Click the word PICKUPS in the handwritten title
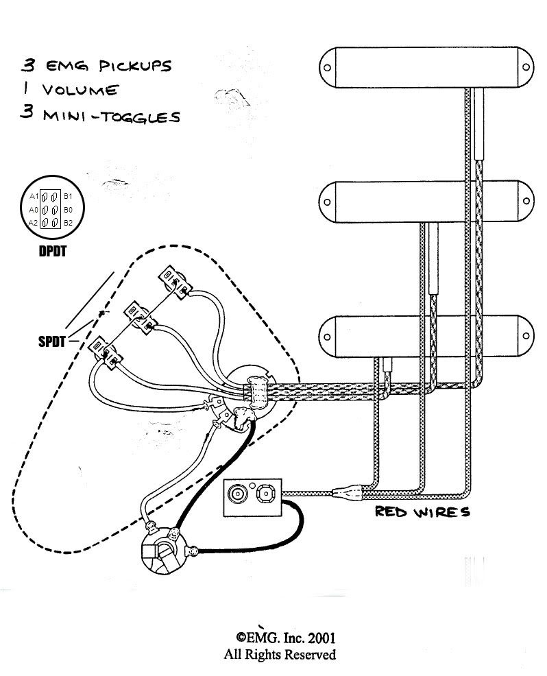coord(135,66)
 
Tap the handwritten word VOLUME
coord(80,90)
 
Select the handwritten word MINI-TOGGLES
coord(111,117)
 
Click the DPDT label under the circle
coord(53,252)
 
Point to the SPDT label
coord(51,342)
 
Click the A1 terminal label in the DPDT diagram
coord(34,196)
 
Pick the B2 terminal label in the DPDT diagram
coord(68,223)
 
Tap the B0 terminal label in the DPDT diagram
coord(68,210)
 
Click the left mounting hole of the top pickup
coord(328,68)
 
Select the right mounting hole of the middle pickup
coord(526,202)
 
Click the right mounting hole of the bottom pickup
coord(526,336)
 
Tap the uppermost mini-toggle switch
coord(175,282)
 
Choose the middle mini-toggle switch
coord(140,317)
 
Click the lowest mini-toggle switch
coord(106,352)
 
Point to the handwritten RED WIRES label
coord(422,511)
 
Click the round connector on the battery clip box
coord(237,493)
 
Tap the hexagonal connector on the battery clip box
coord(265,492)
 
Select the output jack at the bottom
coord(163,551)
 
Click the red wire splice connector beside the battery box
coord(348,492)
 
